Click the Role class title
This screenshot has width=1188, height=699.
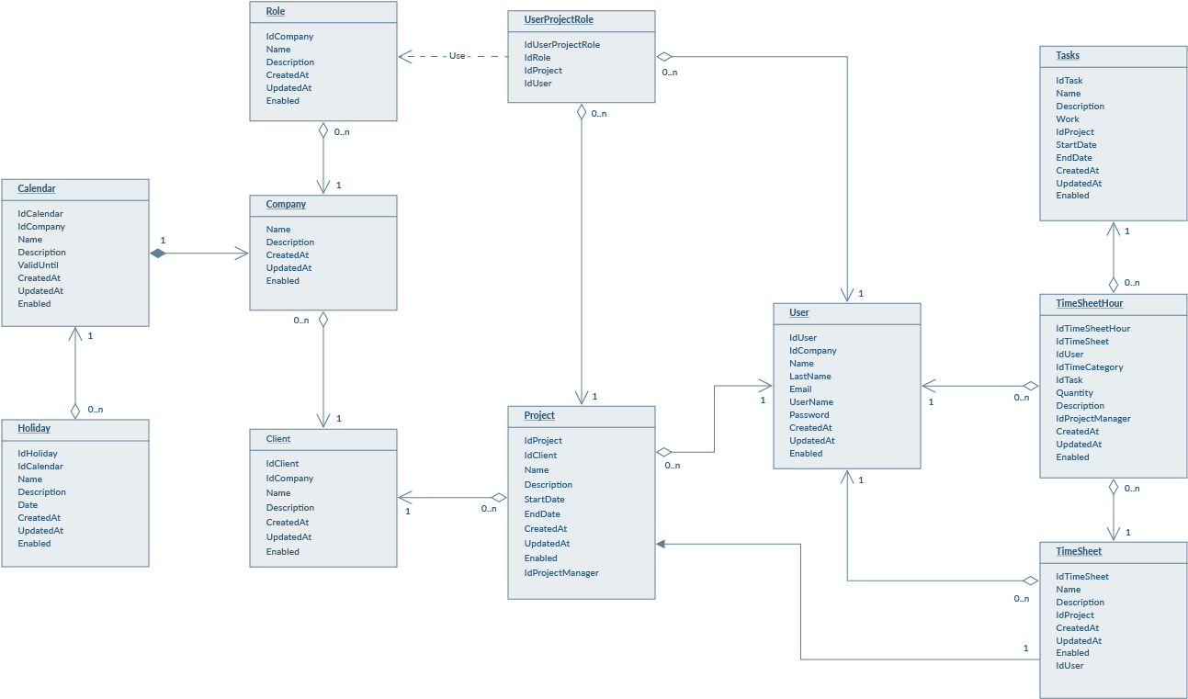click(x=276, y=11)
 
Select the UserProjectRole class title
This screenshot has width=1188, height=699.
click(x=558, y=19)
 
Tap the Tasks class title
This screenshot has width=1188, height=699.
click(x=1068, y=55)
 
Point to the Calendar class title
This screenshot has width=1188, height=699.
click(x=37, y=188)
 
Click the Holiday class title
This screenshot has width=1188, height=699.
click(x=34, y=428)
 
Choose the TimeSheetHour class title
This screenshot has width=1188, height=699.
click(x=1089, y=303)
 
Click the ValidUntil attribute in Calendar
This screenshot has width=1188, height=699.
click(x=38, y=265)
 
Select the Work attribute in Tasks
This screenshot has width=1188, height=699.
click(x=1068, y=119)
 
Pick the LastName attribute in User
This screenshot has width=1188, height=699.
click(x=809, y=377)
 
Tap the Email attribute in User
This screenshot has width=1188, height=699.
click(x=800, y=389)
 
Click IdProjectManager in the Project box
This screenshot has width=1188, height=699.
click(x=561, y=573)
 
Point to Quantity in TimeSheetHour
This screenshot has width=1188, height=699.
click(x=1074, y=393)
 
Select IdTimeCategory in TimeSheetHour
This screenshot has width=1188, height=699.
click(x=1089, y=367)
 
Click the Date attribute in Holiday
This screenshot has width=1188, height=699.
click(x=28, y=505)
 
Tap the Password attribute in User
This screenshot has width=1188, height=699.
click(x=809, y=415)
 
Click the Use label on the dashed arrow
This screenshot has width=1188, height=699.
click(x=457, y=56)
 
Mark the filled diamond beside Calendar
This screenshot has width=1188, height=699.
click(x=157, y=254)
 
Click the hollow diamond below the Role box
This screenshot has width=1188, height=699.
click(x=323, y=130)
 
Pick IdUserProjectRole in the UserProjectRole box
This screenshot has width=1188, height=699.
click(x=561, y=45)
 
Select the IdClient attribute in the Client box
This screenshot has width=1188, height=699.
click(x=282, y=464)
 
